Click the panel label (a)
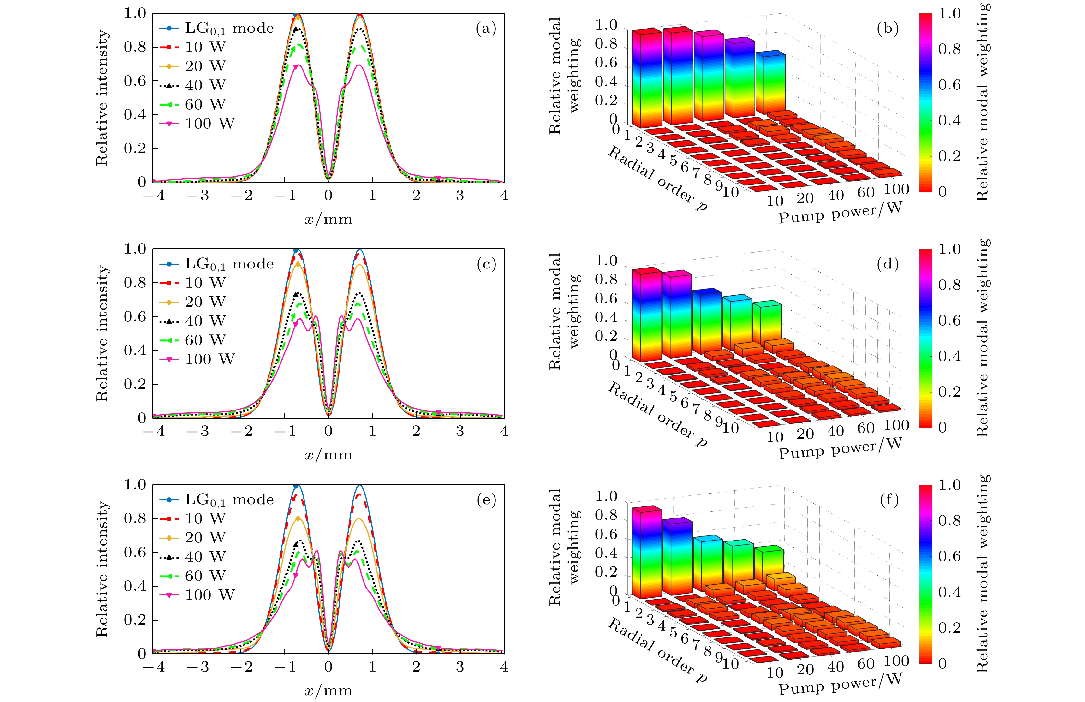(x=485, y=29)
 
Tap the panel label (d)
(x=887, y=264)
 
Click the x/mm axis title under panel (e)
(x=328, y=690)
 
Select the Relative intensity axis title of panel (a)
(x=102, y=98)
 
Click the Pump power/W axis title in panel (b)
(x=840, y=213)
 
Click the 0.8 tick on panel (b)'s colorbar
(x=949, y=49)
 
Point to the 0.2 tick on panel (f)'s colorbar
(x=949, y=627)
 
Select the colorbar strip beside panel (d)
(x=925, y=338)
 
